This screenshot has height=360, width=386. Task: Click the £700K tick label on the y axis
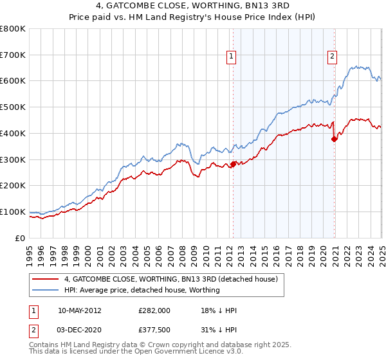[x=13, y=55]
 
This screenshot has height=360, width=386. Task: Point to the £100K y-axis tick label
[x=13, y=212]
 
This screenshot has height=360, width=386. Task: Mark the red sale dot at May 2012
[x=233, y=164]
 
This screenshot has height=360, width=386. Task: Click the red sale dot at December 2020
[x=335, y=139]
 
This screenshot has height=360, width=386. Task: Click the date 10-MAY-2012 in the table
[x=80, y=310]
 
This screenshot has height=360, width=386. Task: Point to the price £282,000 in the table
[x=154, y=310]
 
